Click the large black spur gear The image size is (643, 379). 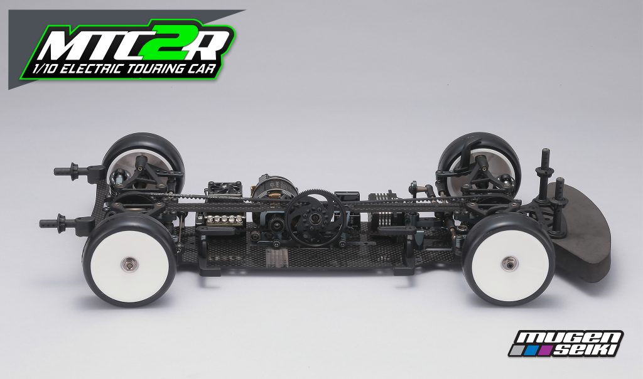click(312, 211)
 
